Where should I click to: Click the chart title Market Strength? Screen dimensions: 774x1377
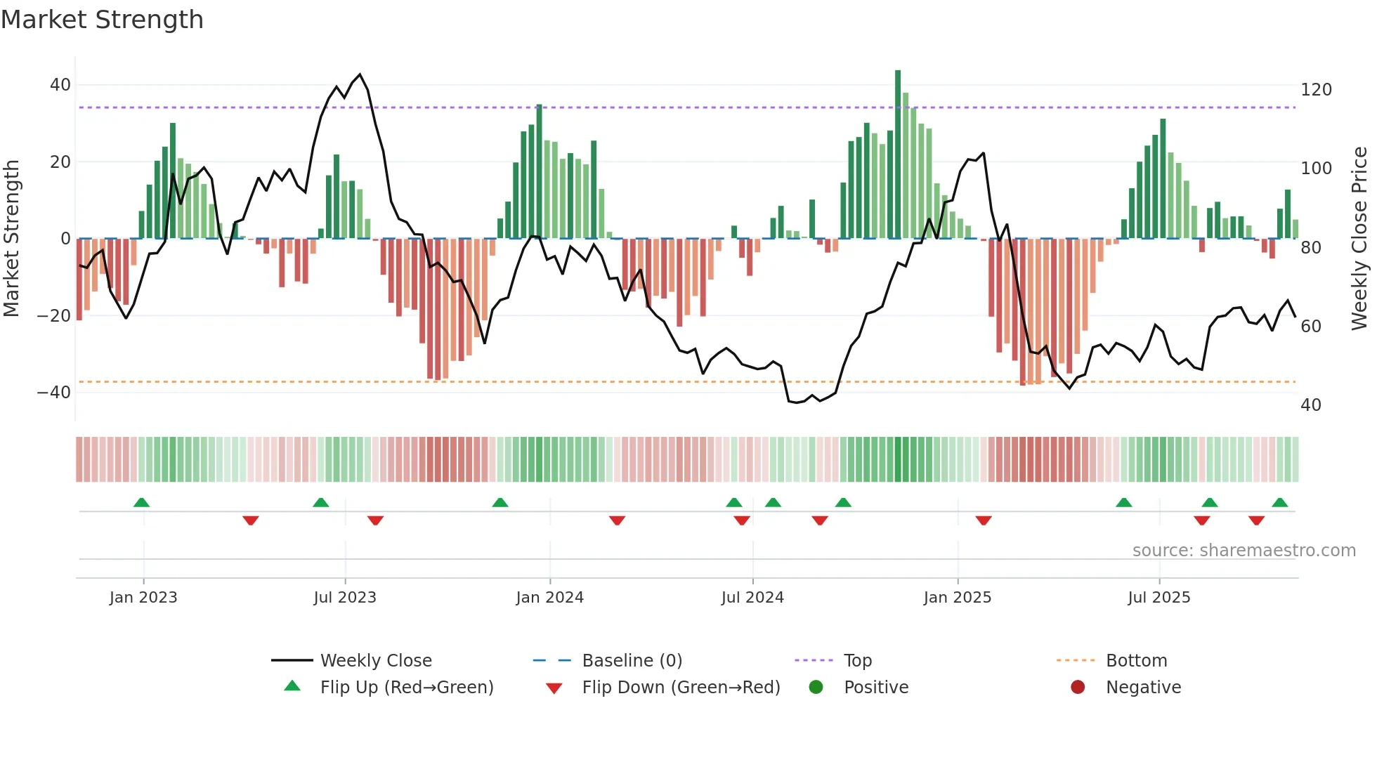coord(102,20)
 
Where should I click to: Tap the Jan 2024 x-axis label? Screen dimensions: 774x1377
coord(549,598)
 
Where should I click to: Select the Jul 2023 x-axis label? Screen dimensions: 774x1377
coord(345,598)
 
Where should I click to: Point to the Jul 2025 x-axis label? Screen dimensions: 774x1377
coord(1159,598)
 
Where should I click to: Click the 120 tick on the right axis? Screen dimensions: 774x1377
coord(1316,90)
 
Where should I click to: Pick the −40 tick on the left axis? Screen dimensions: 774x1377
coord(54,393)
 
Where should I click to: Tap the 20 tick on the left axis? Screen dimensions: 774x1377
coord(60,162)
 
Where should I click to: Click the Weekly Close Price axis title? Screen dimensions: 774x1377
coord(1359,239)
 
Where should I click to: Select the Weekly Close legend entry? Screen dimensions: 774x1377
coord(375,661)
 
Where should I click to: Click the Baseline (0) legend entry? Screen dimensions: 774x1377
coord(632,661)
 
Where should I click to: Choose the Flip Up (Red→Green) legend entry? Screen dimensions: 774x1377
coord(406,688)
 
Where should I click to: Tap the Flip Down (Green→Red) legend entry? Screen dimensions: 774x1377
coord(680,688)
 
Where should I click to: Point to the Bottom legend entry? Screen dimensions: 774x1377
coord(1135,661)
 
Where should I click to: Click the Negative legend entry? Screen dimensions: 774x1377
coord(1142,688)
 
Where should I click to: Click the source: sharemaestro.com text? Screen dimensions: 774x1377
coord(1244,551)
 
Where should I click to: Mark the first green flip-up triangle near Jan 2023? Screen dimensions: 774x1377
coord(141,502)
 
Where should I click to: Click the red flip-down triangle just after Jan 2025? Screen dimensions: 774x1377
coord(984,520)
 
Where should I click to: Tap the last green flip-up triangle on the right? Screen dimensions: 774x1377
coord(1279,502)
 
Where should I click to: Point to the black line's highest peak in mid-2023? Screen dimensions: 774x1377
coord(360,74)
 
